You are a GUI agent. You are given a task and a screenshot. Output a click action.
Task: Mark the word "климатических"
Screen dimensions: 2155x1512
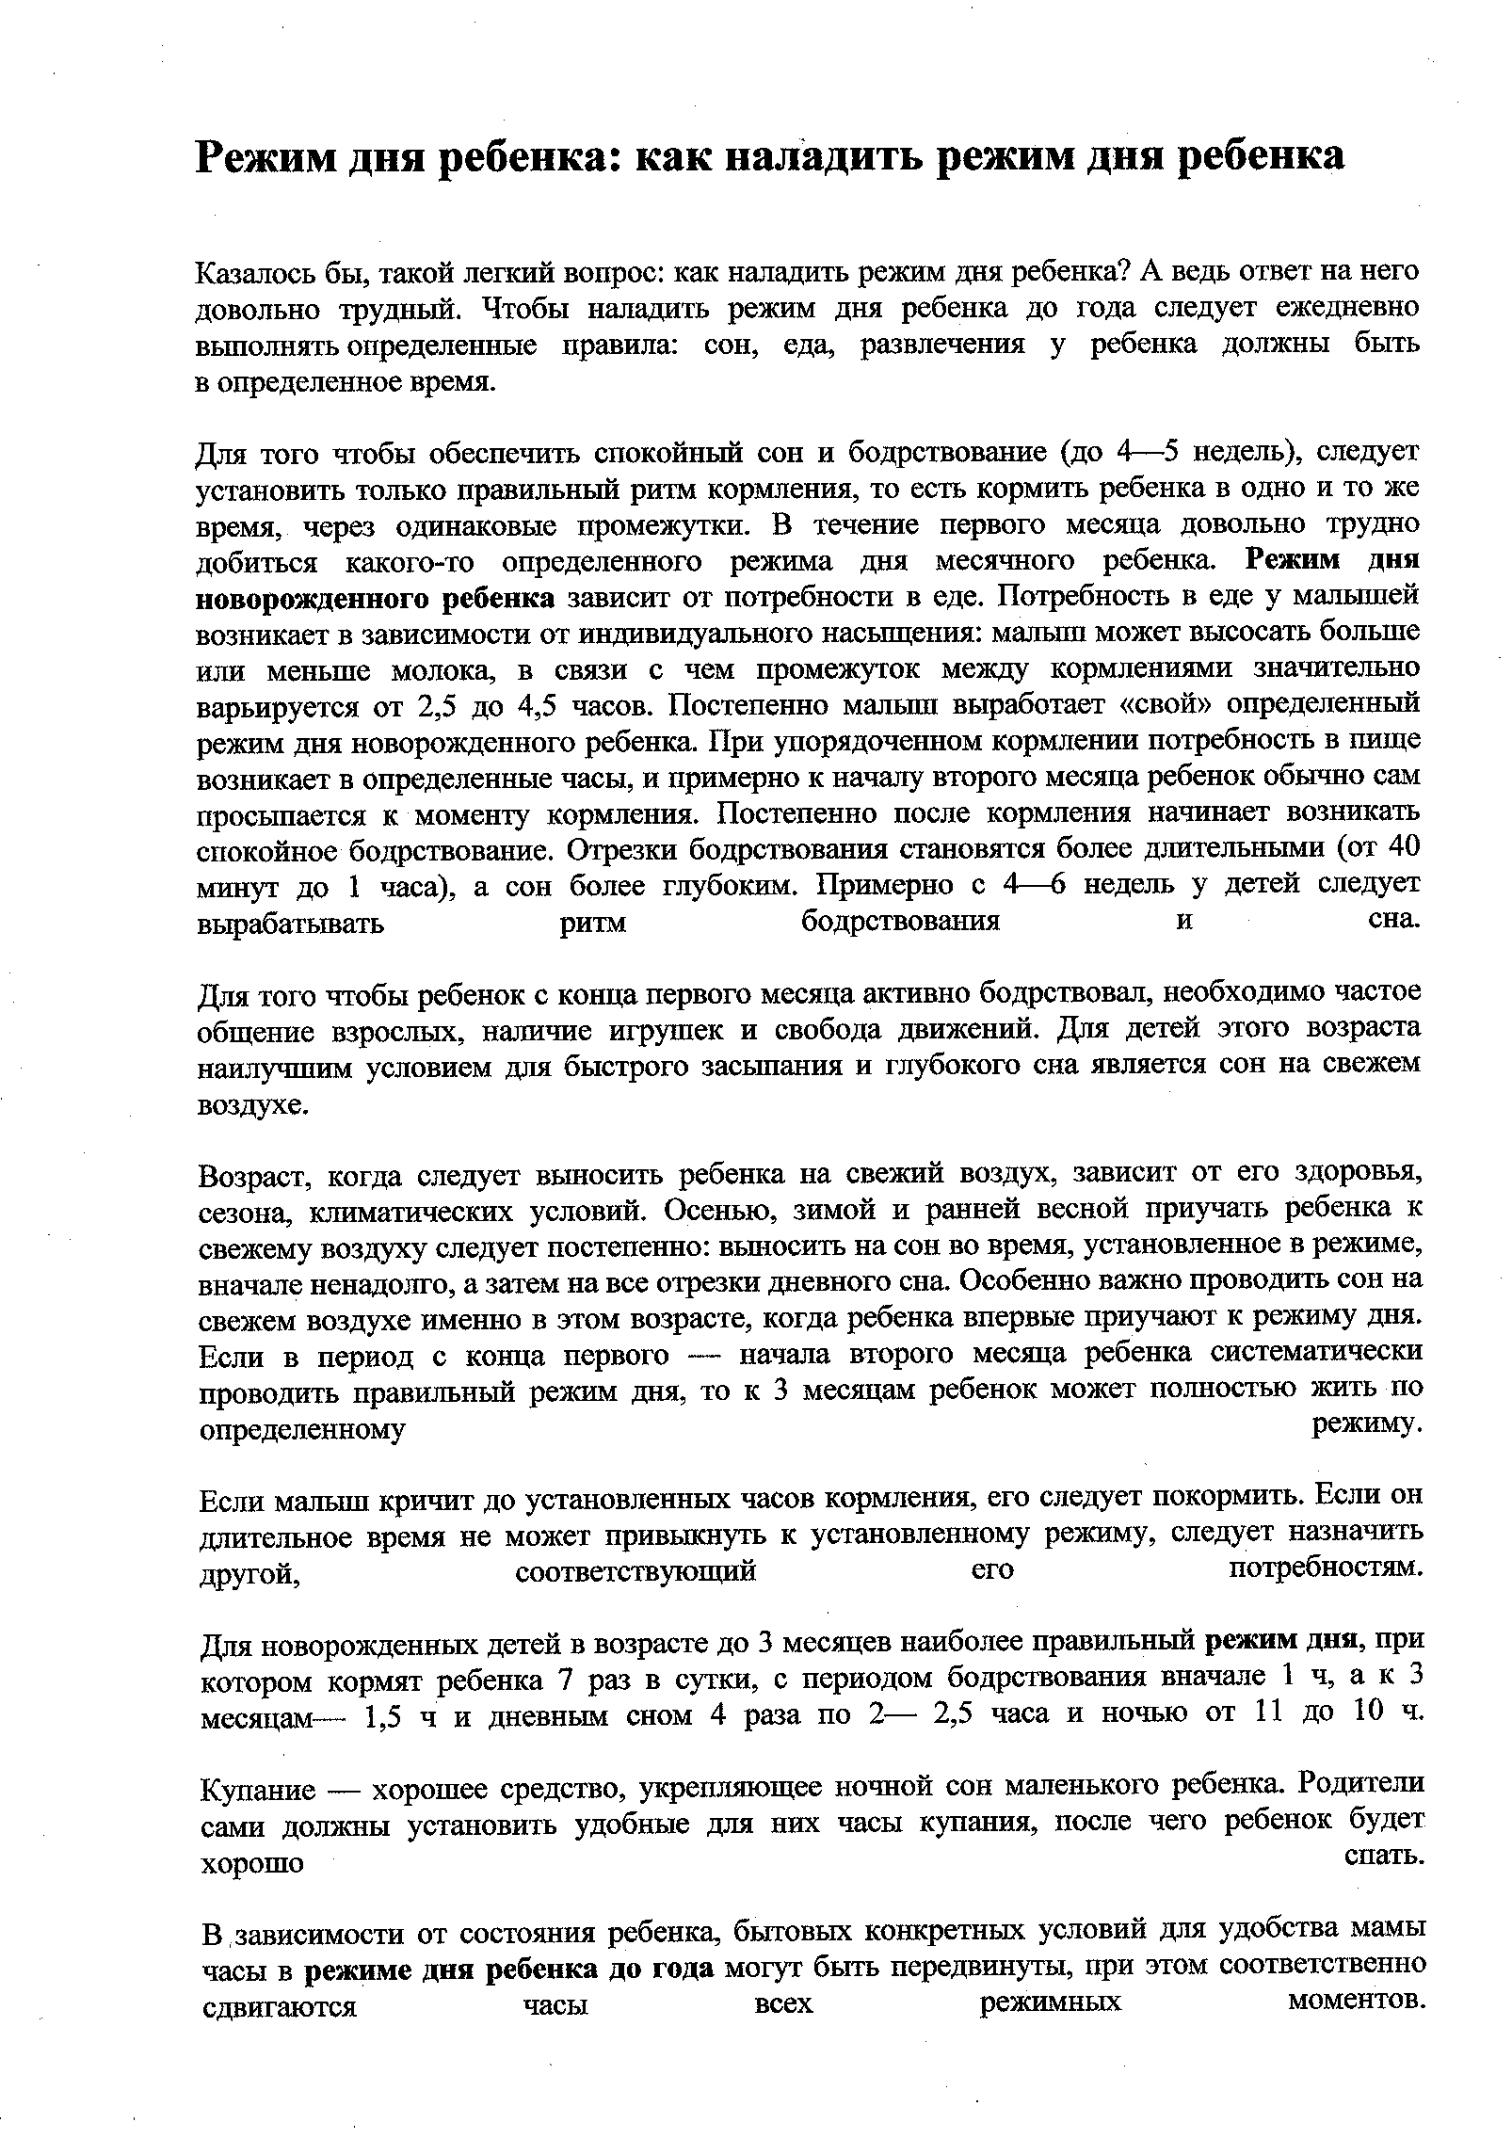point(405,1211)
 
